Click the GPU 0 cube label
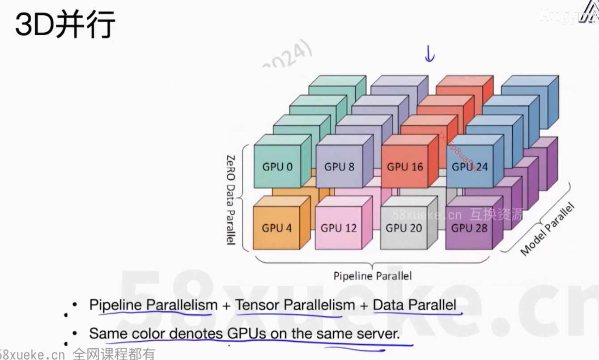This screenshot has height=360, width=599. tap(277, 167)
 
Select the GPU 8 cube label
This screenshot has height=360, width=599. tap(340, 167)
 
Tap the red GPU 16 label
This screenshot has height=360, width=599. tap(405, 167)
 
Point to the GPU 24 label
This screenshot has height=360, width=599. tap(470, 167)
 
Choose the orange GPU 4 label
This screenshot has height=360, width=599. tap(277, 228)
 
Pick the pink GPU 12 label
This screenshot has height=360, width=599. tap(339, 228)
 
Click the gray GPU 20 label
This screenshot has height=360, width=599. tap(404, 228)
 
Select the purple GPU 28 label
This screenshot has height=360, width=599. tap(468, 228)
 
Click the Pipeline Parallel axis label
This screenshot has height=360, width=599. tap(372, 276)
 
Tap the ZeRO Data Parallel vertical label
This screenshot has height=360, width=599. tap(231, 199)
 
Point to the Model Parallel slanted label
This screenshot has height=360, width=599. tap(547, 229)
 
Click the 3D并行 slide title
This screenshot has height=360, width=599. tap(65, 25)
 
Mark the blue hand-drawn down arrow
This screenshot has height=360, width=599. tap(429, 54)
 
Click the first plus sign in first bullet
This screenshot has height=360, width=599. tap(226, 305)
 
